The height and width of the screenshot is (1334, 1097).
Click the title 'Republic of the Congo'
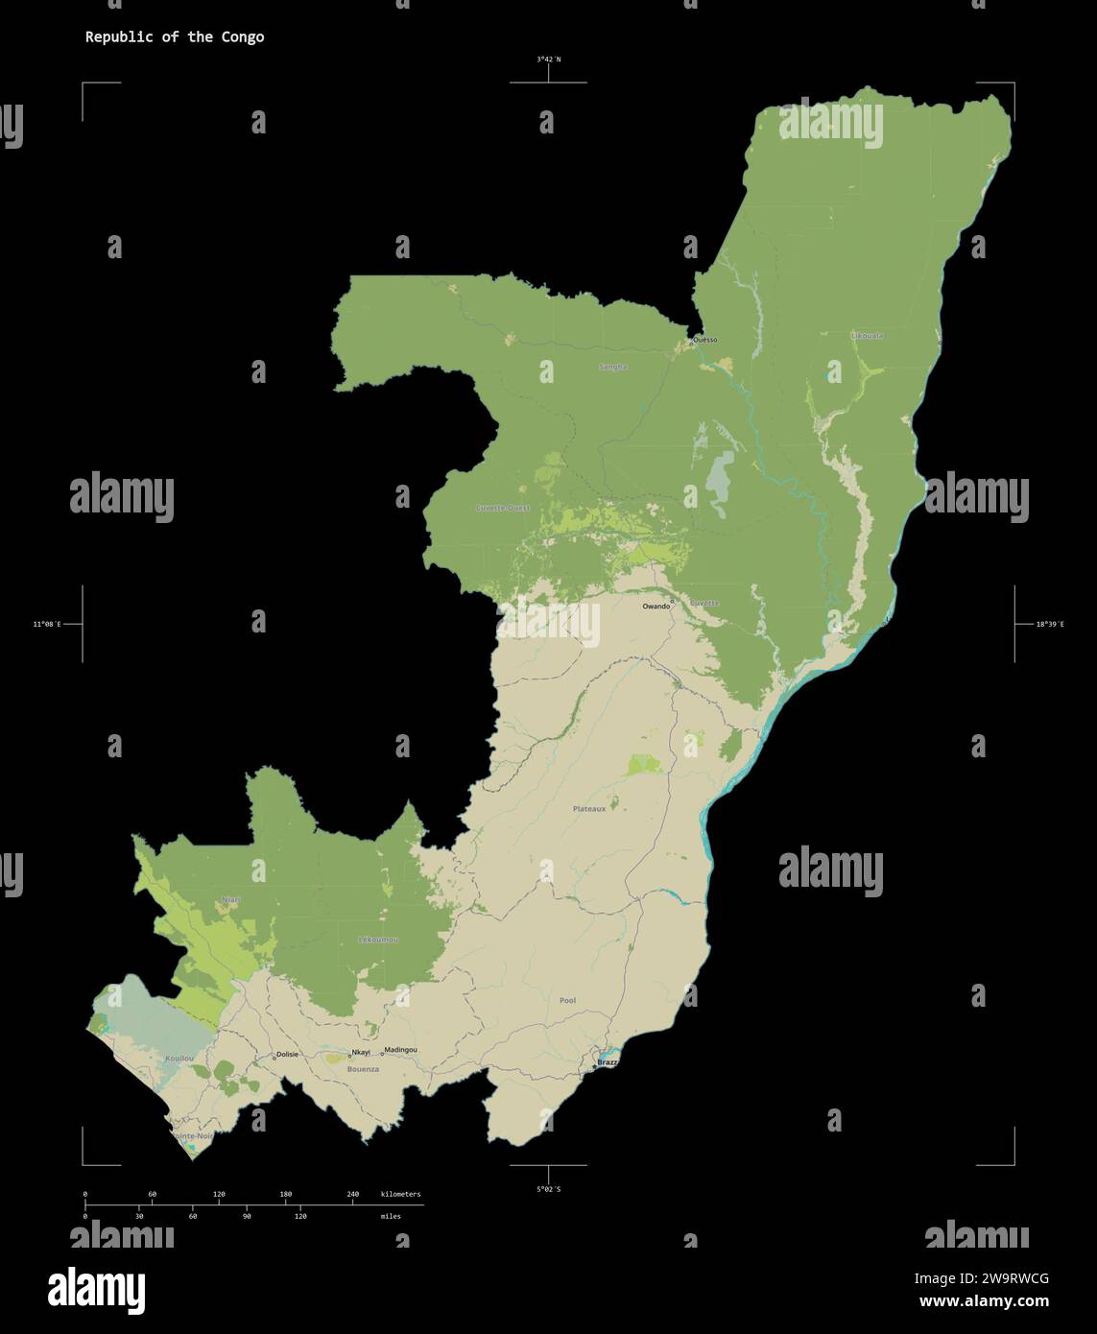coord(175,37)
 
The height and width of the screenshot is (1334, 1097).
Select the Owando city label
coord(656,607)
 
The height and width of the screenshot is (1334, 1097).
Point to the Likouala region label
coord(867,336)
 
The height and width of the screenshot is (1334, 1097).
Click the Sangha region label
coord(612,367)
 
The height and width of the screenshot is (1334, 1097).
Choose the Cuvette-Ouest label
coord(502,507)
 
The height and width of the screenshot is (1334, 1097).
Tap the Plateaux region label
coord(589,809)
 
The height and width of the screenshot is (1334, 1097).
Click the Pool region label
coord(567,1000)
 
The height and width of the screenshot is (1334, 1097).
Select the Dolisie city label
coord(287,1054)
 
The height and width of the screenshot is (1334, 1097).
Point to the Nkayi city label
coord(360,1052)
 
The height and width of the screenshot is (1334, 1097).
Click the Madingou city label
coord(400,1050)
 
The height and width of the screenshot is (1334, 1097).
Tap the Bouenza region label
coord(363,1068)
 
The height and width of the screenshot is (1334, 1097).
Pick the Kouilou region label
coord(179,1058)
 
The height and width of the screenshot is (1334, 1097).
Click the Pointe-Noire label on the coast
coord(193,1135)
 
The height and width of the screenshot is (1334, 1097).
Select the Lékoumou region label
coord(377,939)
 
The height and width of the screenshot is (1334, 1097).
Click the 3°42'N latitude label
coord(549,60)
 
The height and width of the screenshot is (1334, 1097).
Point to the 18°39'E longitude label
coord(1049,625)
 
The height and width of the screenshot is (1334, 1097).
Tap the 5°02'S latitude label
coord(549,1189)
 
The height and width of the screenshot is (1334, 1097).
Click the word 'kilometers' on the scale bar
coord(400,1195)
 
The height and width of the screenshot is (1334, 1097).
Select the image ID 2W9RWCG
coord(981,1278)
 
